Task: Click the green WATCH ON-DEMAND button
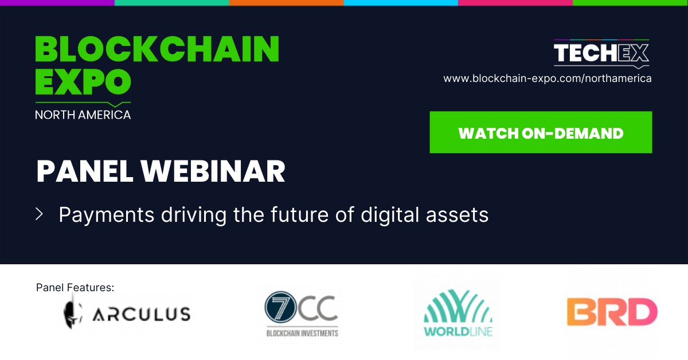(x=541, y=132)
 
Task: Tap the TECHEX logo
(x=601, y=54)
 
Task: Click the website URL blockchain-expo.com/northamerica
(x=547, y=79)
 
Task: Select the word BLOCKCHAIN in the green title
(x=157, y=49)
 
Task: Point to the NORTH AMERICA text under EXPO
(x=83, y=115)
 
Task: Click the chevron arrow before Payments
(x=40, y=214)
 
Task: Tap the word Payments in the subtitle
(x=107, y=215)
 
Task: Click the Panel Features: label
(x=75, y=287)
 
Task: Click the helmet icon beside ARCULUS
(x=71, y=312)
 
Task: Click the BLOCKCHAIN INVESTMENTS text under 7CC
(x=302, y=333)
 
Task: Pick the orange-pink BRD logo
(x=612, y=312)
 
